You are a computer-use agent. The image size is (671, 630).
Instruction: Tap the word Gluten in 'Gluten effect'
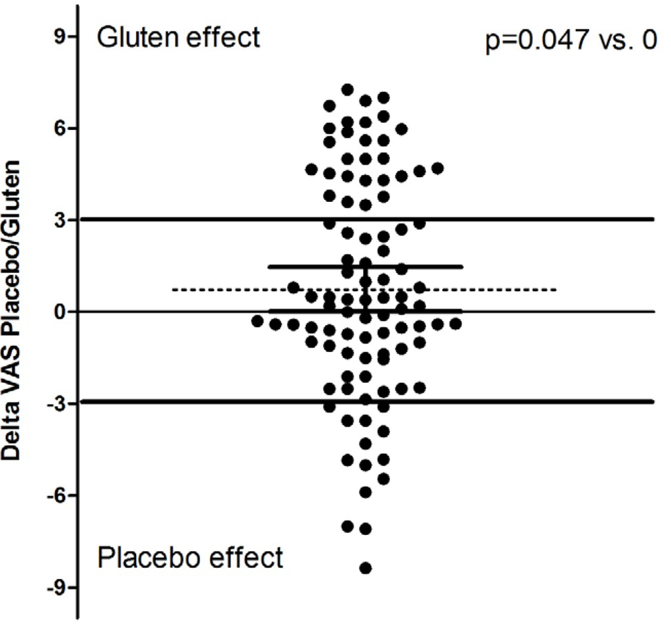pos(134,37)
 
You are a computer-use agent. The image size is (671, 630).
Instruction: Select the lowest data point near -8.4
pos(366,568)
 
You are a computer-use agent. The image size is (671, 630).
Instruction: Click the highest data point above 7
pos(348,90)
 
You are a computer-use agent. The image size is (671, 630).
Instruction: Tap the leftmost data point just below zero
pos(258,321)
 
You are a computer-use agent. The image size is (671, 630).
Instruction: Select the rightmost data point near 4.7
pos(438,168)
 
